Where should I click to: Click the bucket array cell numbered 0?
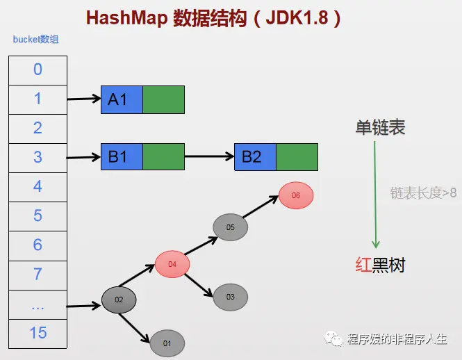[x=38, y=69]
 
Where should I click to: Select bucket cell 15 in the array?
[x=38, y=333]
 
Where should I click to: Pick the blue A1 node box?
[x=122, y=99]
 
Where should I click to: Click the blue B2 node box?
[x=255, y=157]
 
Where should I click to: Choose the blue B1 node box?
[x=122, y=157]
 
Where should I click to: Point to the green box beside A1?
[x=163, y=99]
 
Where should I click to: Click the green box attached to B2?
[x=297, y=157]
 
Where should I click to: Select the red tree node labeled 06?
[x=296, y=195]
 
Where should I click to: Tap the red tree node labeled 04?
[x=172, y=264]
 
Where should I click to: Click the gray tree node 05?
[x=231, y=227]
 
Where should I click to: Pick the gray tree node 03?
[x=231, y=297]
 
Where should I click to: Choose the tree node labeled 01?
[x=167, y=343]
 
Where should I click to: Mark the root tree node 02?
[x=119, y=300]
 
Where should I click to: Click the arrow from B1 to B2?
[x=209, y=157]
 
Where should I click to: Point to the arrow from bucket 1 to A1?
[x=83, y=99]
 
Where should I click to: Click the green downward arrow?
[x=376, y=195]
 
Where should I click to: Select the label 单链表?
[x=380, y=128]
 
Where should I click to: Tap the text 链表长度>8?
[x=423, y=193]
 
